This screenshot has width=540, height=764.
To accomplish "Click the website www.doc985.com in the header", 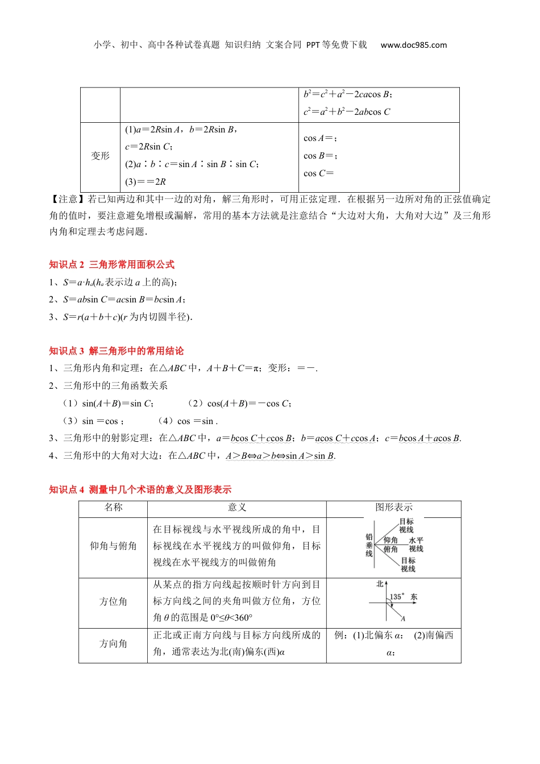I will click(x=413, y=45).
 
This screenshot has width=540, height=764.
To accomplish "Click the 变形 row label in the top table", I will click(x=100, y=156).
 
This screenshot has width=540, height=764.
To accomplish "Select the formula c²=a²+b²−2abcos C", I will click(x=347, y=112).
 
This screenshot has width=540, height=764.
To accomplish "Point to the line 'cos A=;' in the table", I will click(x=320, y=138).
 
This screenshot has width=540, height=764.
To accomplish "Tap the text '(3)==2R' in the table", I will click(x=146, y=182).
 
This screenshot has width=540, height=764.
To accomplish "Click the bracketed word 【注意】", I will click(x=68, y=200).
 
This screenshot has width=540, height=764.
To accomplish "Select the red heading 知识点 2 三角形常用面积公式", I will click(x=112, y=264).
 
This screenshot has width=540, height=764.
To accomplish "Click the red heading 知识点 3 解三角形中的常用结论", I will click(x=117, y=351).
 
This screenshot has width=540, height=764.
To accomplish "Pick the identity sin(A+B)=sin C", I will click(x=118, y=404).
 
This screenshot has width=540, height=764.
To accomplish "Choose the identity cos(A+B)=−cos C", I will click(x=249, y=404).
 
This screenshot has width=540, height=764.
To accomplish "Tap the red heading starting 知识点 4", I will click(x=140, y=489).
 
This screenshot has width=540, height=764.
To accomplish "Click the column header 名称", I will click(x=113, y=507).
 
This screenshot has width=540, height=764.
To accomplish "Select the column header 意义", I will click(x=237, y=507).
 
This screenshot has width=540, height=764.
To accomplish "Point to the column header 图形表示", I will click(x=394, y=507).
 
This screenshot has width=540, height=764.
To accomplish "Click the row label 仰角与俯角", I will click(x=113, y=546).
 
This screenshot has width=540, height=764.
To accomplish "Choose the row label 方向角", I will click(x=113, y=643).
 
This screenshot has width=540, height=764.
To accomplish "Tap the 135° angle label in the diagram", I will click(x=397, y=596).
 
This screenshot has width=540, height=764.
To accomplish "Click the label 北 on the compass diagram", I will click(x=380, y=584).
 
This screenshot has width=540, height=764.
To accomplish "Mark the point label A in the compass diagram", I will click(x=403, y=618).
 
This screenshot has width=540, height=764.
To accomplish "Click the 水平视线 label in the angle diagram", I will click(x=416, y=545).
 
